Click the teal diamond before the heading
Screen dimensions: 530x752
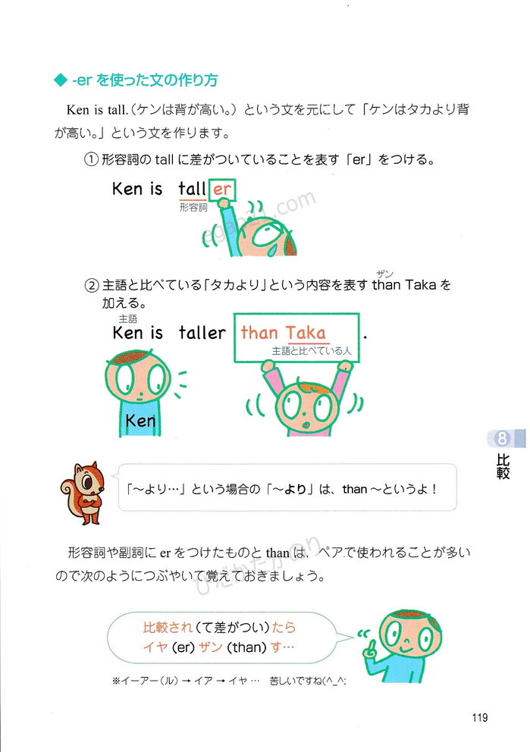coord(60,80)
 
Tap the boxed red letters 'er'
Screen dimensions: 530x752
coord(222,190)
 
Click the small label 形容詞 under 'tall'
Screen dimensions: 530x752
coord(193,207)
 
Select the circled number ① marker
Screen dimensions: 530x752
coord(91,159)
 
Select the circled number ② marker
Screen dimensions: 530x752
coord(92,286)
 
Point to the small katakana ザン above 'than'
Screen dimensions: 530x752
coord(385,274)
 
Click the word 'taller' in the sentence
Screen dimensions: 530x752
coord(202,332)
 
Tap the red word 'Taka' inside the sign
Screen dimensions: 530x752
coord(306,332)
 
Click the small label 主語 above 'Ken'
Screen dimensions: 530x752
coord(128,319)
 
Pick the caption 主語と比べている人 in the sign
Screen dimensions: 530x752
coord(312,351)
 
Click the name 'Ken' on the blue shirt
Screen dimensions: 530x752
coord(140,421)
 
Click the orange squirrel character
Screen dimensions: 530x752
coord(83,493)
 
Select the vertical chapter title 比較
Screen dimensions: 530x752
coord(503,467)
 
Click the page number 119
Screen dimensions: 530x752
coord(480,718)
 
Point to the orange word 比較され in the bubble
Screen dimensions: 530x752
coord(168,628)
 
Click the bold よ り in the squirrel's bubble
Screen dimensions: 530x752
coord(294,489)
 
